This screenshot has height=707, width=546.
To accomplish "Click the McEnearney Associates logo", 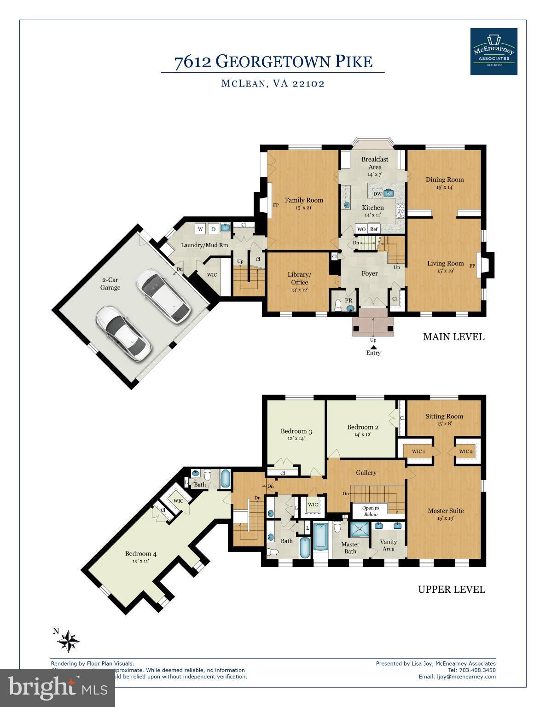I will tap(494, 52).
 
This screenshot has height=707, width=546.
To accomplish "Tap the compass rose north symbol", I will tap(70, 640).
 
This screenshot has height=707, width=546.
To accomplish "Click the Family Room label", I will tap(303, 200).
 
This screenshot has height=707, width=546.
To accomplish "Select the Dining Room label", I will tap(444, 180).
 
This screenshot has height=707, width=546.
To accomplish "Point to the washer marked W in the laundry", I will tap(200, 229).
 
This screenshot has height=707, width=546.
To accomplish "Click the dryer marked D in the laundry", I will tap(213, 229).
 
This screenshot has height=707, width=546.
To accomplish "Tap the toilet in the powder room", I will tap(338, 306).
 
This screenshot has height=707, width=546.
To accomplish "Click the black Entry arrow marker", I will tap(373, 347).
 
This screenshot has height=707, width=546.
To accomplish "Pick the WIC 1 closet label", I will tap(418, 452).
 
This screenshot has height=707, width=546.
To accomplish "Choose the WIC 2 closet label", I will tap(465, 452).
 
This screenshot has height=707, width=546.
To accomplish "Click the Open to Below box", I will tap(370, 511).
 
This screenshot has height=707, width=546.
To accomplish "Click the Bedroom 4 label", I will tap(141, 554).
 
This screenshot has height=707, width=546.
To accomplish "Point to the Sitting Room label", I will tap(444, 417).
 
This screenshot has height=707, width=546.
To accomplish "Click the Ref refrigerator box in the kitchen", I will tap(373, 229).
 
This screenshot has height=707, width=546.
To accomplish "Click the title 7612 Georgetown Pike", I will tap(273, 62).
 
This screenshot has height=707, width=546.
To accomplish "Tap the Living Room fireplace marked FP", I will tap(483, 266).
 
